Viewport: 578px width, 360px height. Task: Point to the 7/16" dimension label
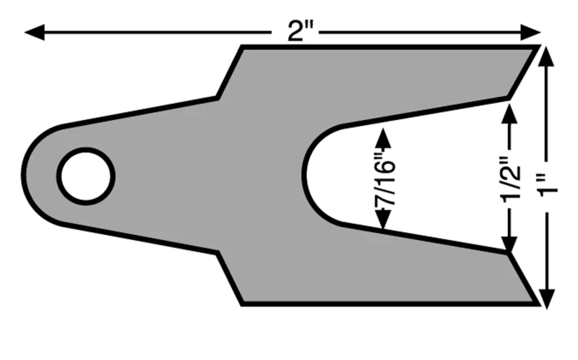pyautogui.click(x=383, y=179)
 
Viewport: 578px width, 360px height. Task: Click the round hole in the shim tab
pyautogui.click(x=86, y=176)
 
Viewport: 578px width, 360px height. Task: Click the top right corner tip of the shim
pyautogui.click(x=539, y=47)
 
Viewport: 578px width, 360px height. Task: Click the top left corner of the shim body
pyautogui.click(x=241, y=47)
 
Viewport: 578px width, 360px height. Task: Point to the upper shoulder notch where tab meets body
pyautogui.click(x=218, y=97)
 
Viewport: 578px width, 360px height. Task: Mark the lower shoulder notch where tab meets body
pyautogui.click(x=218, y=253)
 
